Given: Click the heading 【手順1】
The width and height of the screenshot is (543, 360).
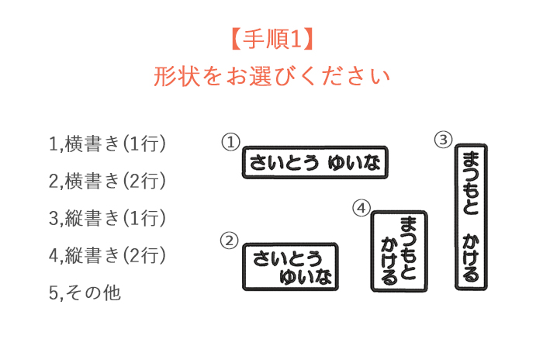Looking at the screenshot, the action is point(272,39).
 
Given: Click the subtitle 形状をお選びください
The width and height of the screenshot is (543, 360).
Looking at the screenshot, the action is point(272,77).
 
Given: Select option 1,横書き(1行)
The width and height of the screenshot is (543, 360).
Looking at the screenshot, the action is point(107,144).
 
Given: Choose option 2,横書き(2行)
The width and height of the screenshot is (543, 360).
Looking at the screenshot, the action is point(107,181).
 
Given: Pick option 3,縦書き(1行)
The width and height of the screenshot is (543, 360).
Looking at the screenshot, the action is point(107,218).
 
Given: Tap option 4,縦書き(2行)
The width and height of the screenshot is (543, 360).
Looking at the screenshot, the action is point(107,255).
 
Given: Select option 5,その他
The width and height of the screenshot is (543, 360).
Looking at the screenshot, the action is point(85,292).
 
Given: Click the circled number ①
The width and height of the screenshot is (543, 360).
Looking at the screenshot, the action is point(230,142).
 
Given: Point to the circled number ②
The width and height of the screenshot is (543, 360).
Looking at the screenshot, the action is point(230,241).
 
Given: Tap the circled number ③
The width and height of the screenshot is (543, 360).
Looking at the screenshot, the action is point(444,140).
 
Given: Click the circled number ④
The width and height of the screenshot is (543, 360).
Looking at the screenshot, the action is point(361,208).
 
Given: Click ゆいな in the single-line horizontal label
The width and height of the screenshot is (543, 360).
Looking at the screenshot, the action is point(354,162).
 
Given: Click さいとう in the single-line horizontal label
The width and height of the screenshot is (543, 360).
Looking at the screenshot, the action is point(284,162).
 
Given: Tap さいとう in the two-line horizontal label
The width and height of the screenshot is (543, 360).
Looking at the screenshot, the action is point(288,259).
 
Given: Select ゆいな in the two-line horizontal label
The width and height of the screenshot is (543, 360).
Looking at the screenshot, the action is point(306,277).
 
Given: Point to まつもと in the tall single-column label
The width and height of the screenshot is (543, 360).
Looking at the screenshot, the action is point(471,183).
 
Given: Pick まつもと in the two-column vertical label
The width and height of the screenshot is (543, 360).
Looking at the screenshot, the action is point(408,248).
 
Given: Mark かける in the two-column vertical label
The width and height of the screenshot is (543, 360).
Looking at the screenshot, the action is point(389,261).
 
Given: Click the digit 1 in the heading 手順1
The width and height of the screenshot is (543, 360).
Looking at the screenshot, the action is point(296,39).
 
